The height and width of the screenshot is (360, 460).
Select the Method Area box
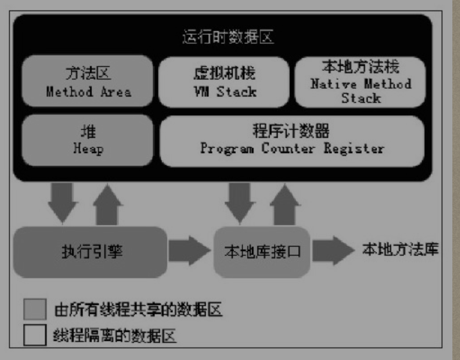point(88,82)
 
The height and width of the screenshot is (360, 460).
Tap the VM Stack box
point(223,82)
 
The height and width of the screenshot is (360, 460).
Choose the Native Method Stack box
point(360,82)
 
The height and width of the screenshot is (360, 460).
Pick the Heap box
point(88,141)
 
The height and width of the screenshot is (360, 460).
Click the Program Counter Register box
point(292,141)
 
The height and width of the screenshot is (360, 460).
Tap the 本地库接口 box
point(262,252)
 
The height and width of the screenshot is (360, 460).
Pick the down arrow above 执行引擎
point(63,202)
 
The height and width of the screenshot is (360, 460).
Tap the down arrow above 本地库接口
point(240,202)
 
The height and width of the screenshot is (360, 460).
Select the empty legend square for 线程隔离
point(35,335)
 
